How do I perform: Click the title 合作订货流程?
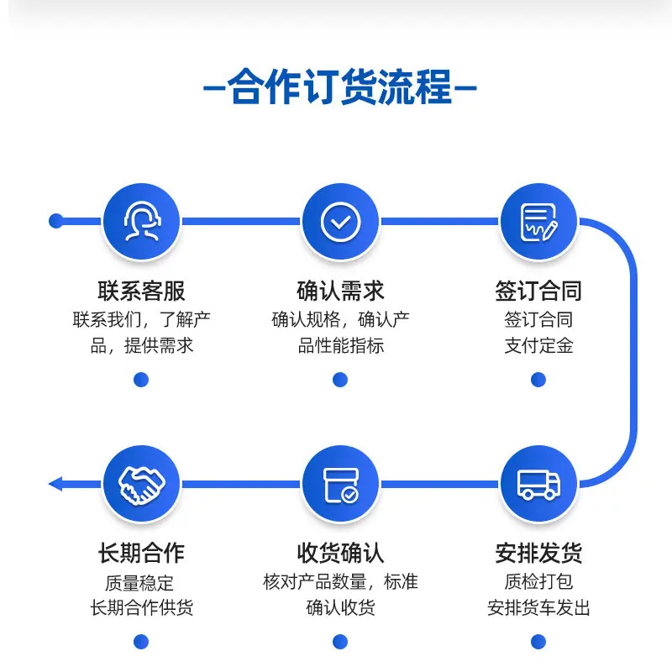340,87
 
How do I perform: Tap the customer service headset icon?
142,221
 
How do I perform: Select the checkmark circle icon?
340,222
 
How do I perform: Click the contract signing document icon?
538,222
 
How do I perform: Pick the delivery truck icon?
538,485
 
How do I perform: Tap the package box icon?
341,485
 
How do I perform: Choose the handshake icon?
141,485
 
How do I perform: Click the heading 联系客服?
141,291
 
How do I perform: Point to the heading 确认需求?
340,291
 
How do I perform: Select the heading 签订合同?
538,291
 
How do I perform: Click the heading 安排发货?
538,553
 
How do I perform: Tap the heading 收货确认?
340,553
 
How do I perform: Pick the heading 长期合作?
141,553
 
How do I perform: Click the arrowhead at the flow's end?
55,484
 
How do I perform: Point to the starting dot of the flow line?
55,221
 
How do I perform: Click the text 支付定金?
538,345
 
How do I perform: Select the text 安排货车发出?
538,608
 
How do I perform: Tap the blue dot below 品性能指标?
340,380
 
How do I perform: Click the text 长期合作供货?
141,608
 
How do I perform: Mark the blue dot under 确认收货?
340,642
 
